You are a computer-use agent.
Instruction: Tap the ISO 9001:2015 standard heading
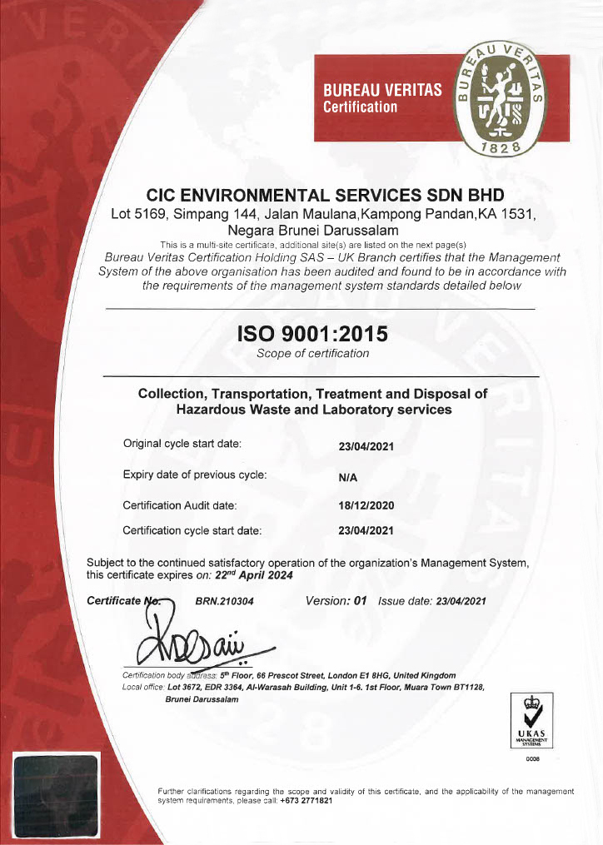tap(312, 334)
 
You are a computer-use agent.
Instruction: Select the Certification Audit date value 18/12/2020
tap(366, 505)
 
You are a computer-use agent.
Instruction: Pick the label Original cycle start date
tap(182, 444)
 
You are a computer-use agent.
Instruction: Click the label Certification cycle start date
tap(192, 529)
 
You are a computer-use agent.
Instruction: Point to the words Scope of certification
tap(312, 354)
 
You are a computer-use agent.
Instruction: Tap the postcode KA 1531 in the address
tap(504, 214)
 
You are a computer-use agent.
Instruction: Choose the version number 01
tap(361, 601)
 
